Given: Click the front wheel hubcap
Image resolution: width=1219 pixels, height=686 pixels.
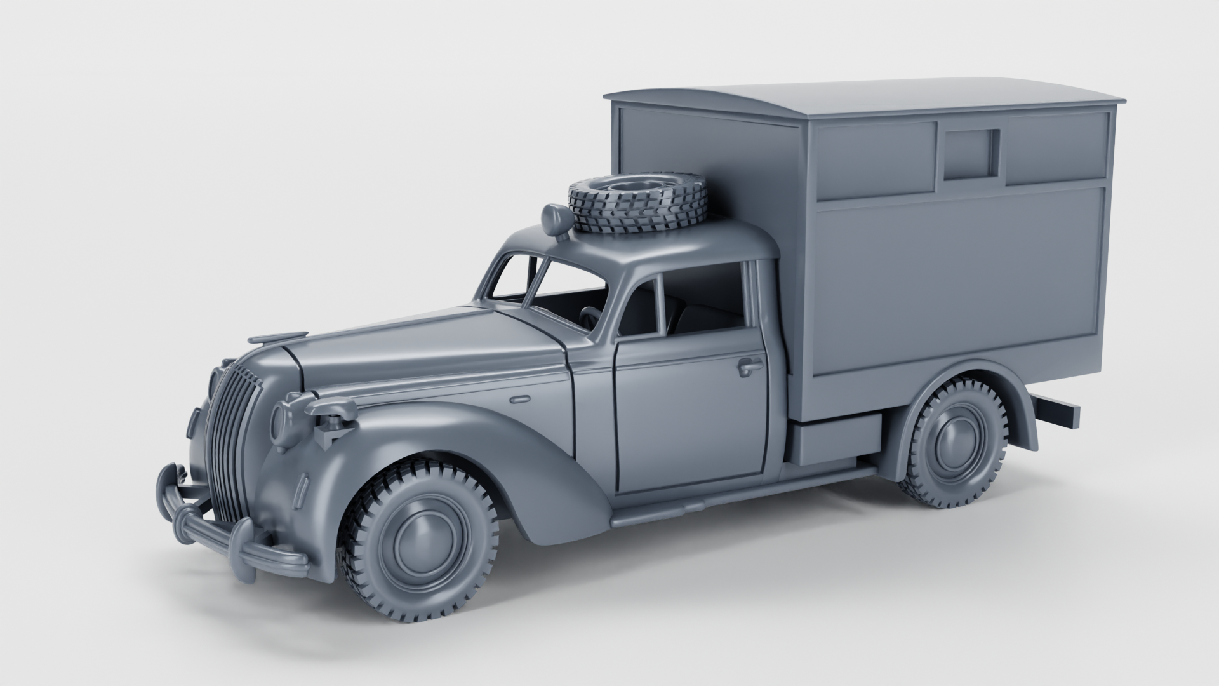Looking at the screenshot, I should [x=422, y=547].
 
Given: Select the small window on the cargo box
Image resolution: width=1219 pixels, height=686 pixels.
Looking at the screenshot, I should [x=970, y=153].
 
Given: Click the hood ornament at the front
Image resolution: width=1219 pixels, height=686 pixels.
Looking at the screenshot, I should [x=279, y=337].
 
